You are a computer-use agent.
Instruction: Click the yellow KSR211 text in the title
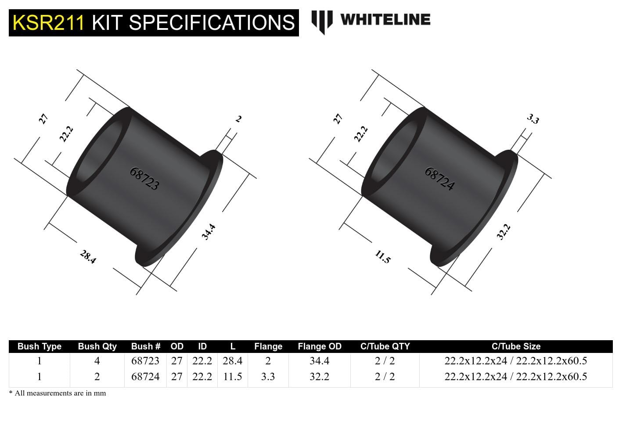click(x=48, y=23)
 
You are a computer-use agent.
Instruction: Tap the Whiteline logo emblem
click(x=321, y=21)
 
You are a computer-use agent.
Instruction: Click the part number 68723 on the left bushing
click(x=144, y=179)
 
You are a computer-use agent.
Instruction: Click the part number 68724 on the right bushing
click(x=439, y=179)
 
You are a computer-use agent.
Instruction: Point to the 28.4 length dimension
click(x=88, y=257)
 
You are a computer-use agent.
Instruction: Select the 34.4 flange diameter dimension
click(x=209, y=232)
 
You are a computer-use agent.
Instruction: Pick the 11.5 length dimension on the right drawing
click(x=382, y=257)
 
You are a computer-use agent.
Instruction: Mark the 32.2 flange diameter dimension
click(x=504, y=232)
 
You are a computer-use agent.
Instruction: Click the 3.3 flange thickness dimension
click(x=533, y=119)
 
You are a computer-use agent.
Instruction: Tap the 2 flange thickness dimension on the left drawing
click(x=238, y=119)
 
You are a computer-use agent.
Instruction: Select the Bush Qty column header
click(x=97, y=346)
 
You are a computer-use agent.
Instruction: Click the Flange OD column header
click(x=319, y=346)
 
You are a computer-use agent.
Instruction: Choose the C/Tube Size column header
click(x=516, y=346)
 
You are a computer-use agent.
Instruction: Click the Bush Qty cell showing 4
click(x=97, y=361)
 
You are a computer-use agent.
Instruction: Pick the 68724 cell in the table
click(x=145, y=377)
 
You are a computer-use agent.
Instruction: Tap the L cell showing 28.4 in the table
click(x=232, y=361)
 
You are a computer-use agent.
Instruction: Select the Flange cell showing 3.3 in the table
click(x=268, y=377)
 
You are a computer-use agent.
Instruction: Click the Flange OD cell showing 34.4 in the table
click(x=319, y=361)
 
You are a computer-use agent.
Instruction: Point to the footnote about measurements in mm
click(x=58, y=393)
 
